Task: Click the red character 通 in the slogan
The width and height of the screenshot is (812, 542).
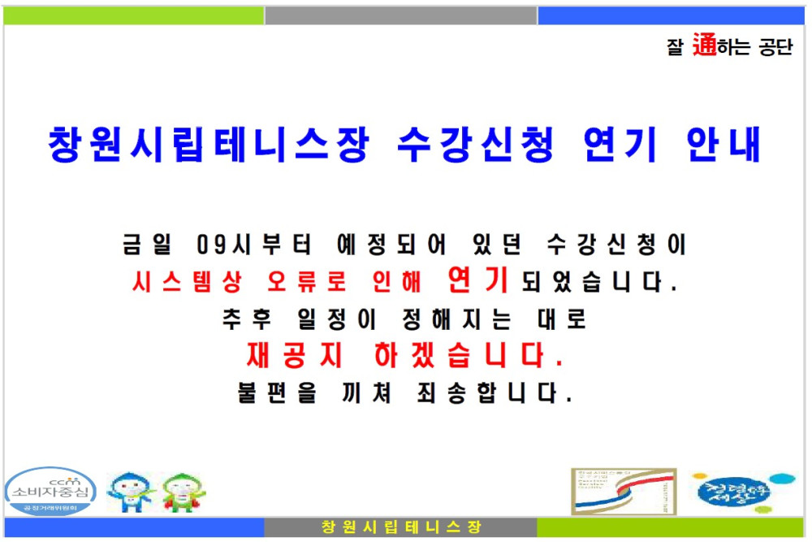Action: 704,46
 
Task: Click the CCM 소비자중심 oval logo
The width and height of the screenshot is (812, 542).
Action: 50,491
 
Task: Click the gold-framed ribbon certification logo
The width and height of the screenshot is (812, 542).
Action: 624,491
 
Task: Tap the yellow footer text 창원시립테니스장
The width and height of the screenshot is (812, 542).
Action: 401,527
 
